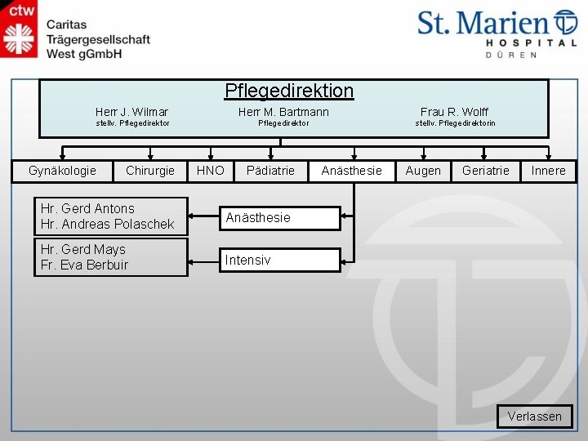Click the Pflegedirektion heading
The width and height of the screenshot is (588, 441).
click(289, 91)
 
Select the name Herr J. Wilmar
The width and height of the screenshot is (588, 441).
click(131, 111)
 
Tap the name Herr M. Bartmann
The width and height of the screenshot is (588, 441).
click(283, 111)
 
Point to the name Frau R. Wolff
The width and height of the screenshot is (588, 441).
click(455, 111)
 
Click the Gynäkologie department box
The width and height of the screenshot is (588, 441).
click(62, 171)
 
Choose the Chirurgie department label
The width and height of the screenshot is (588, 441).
click(150, 171)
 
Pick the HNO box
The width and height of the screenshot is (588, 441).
click(211, 171)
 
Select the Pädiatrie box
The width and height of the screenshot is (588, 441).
click(270, 171)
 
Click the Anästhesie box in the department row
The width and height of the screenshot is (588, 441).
click(351, 171)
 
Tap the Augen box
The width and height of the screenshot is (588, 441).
click(423, 171)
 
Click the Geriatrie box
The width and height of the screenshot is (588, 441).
click(485, 171)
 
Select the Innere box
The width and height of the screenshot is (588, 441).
click(548, 171)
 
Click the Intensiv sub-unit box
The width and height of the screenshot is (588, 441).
click(280, 261)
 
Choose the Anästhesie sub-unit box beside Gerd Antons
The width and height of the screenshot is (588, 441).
click(280, 218)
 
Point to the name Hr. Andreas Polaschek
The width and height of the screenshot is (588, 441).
click(107, 224)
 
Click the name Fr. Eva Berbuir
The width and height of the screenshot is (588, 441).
click(84, 265)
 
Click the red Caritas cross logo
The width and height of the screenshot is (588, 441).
click(19, 38)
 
